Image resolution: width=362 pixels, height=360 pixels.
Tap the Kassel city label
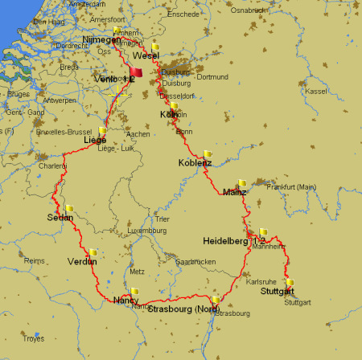pyautogui.click(x=317, y=91)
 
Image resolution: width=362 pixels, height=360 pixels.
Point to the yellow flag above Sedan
pyautogui.click(x=69, y=209)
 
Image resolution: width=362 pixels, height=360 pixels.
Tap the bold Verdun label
pyautogui.click(x=82, y=261)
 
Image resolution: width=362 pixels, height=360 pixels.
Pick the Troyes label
pyautogui.click(x=32, y=338)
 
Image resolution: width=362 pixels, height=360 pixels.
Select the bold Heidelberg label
pyautogui.click(x=225, y=241)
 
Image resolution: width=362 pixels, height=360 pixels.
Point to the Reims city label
pyautogui.click(x=35, y=261)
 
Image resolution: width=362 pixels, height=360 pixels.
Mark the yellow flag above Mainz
pyautogui.click(x=241, y=183)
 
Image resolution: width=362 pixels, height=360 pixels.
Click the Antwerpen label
pyautogui.click(x=60, y=101)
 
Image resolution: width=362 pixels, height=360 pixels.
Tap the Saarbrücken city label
pyautogui.click(x=196, y=262)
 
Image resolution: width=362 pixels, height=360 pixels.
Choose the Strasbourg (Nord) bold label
pyautogui.click(x=183, y=309)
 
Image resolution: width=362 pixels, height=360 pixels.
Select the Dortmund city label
pyautogui.click(x=212, y=77)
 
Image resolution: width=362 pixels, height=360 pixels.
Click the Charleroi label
pyautogui.click(x=52, y=166)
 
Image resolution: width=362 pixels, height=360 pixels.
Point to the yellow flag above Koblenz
pyautogui.click(x=208, y=153)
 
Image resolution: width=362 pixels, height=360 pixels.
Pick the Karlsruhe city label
pyautogui.click(x=261, y=282)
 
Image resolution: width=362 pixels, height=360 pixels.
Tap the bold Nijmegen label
pyautogui.click(x=101, y=39)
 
